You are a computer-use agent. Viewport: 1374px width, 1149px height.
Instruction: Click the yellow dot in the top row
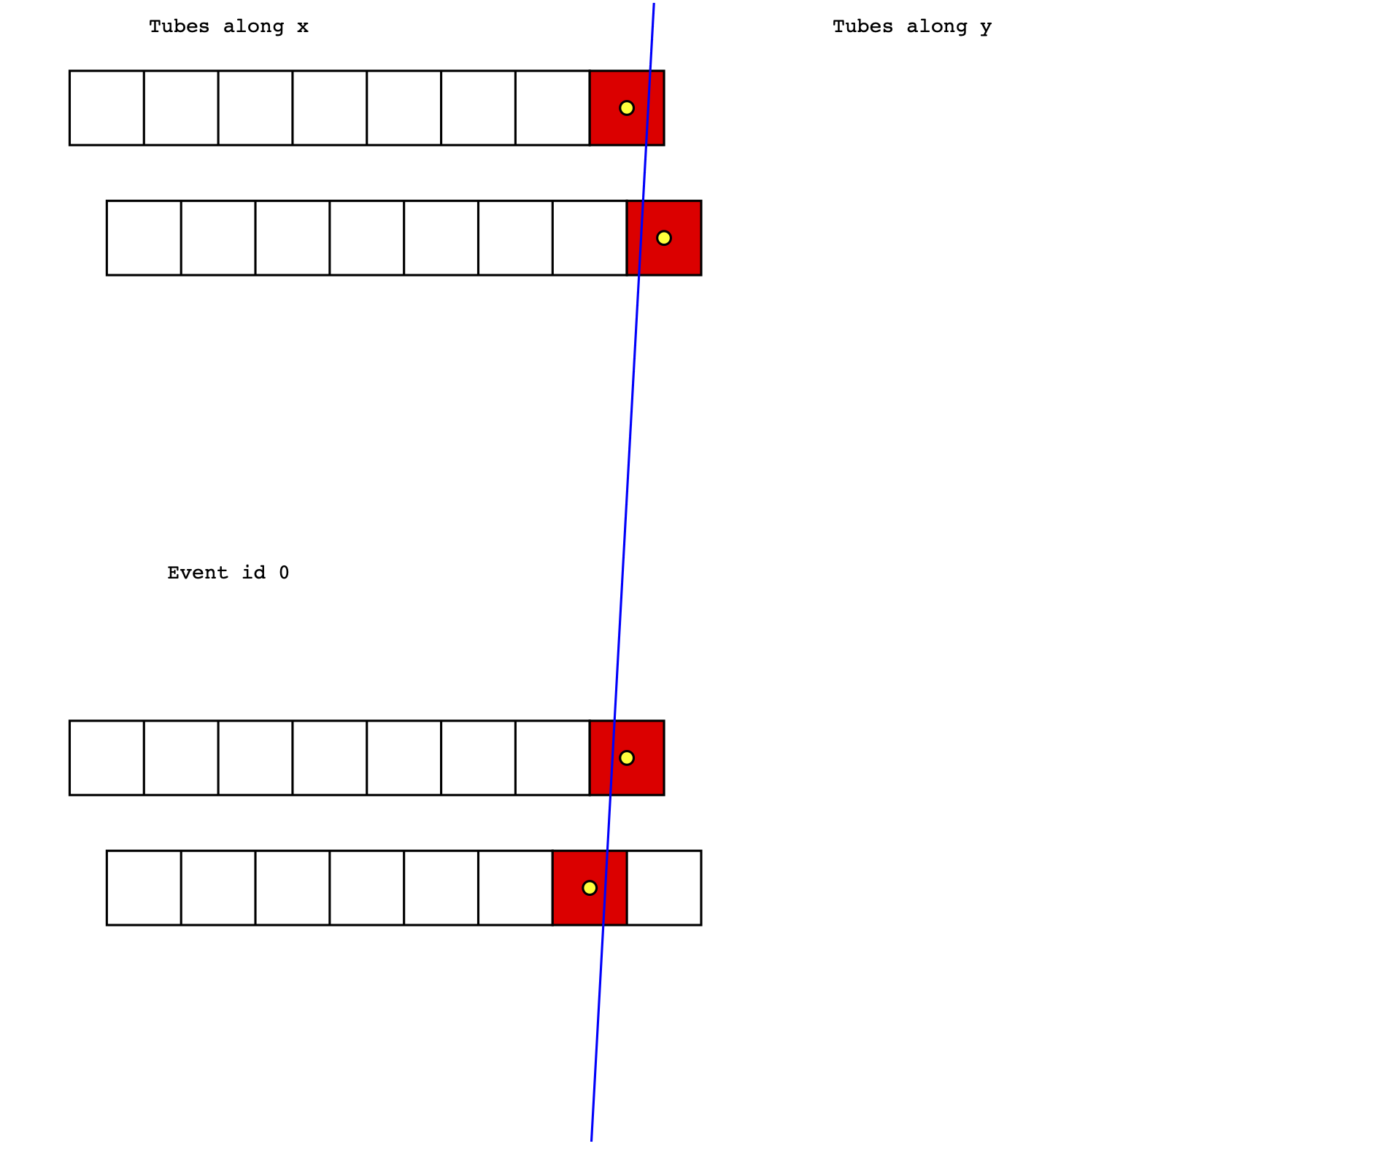[626, 108]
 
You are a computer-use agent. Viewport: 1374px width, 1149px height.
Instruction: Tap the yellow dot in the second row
[663, 238]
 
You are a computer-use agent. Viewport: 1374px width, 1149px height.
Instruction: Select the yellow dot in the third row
[626, 758]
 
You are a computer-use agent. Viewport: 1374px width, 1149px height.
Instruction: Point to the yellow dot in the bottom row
[590, 888]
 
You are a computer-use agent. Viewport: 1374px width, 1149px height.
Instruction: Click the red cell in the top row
[627, 108]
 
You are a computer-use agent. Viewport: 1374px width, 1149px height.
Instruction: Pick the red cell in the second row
[664, 238]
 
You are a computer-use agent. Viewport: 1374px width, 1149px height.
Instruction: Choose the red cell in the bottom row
[590, 888]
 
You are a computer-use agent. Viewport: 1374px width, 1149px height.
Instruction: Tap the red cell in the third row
[627, 758]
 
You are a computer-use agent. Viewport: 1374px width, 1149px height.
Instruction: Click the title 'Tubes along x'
[229, 27]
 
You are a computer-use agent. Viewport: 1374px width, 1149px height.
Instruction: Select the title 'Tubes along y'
[912, 27]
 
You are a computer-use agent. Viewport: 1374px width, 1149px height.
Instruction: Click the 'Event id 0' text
[228, 573]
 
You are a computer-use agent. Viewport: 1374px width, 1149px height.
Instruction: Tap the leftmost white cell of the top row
[107, 108]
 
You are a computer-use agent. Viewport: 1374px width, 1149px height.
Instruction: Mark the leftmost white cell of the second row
[144, 238]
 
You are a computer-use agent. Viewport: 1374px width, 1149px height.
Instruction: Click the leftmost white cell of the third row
[107, 758]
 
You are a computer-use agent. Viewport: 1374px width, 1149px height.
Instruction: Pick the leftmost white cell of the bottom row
[144, 888]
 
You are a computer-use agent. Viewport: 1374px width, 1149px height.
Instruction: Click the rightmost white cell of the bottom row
[664, 888]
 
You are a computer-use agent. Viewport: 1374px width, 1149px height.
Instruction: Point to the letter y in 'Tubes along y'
[986, 29]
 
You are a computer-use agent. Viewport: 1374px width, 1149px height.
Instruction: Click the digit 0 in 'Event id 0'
[284, 573]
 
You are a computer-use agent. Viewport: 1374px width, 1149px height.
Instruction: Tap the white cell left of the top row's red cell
[552, 108]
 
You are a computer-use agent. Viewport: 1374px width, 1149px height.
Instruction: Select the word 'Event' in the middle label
[198, 573]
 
